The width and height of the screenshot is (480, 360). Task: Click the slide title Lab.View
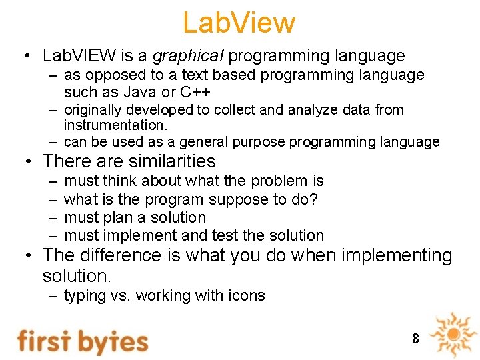tap(239, 23)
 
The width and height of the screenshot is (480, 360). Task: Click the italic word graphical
tap(188, 56)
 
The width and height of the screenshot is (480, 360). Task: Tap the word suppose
tap(237, 199)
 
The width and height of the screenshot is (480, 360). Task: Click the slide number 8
tap(415, 339)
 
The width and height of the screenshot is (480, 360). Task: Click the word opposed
tap(109, 75)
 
